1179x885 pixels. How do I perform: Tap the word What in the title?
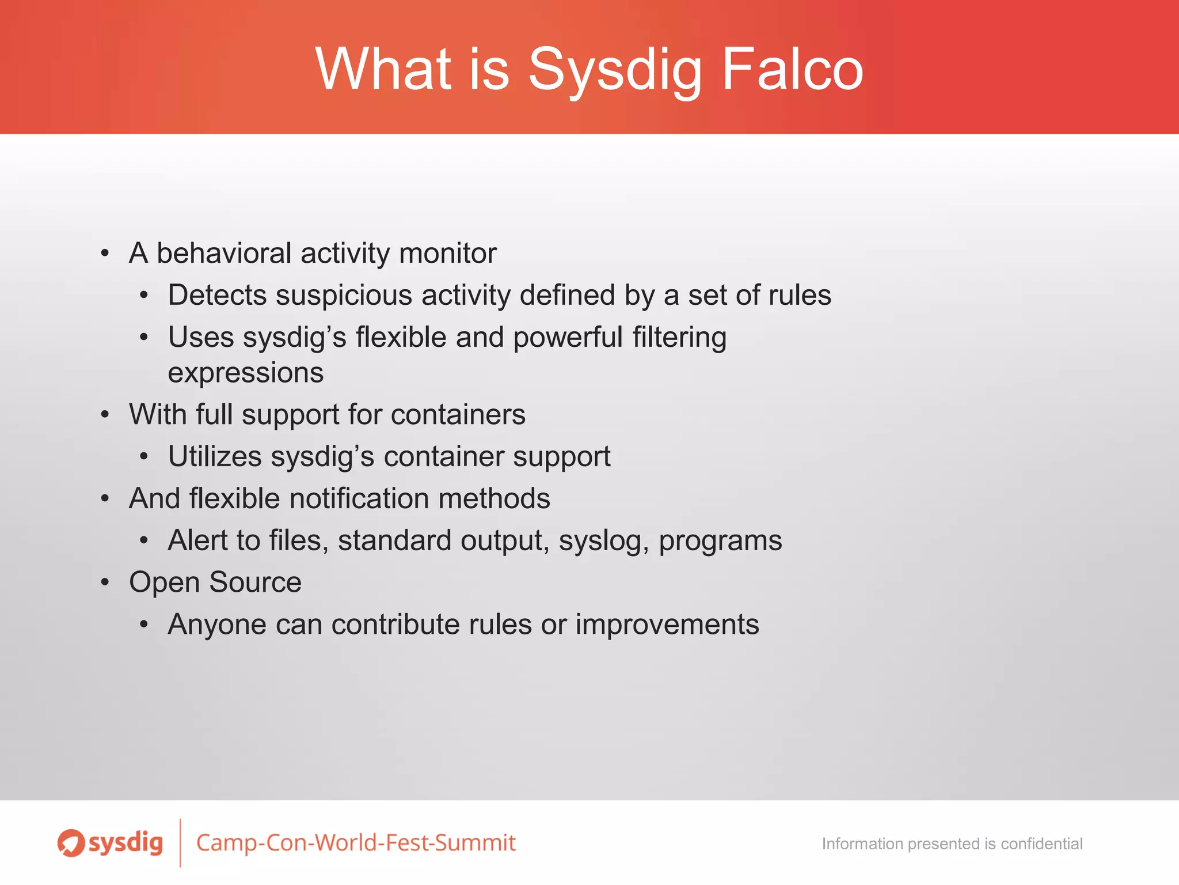point(383,69)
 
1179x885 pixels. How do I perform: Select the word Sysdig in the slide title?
point(614,70)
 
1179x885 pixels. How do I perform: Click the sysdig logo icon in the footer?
point(71,843)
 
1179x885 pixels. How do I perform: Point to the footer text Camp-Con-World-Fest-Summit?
point(356,843)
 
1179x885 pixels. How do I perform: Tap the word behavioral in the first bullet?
point(224,253)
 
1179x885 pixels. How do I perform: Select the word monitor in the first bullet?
point(447,253)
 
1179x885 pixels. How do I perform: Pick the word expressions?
point(246,373)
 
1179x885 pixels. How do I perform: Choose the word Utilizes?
point(215,457)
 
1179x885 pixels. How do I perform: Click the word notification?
point(359,498)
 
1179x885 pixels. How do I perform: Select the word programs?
point(720,542)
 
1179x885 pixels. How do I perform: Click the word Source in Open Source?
point(255,582)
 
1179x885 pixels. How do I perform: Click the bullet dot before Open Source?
point(105,582)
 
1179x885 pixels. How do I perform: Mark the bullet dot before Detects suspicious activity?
point(144,296)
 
